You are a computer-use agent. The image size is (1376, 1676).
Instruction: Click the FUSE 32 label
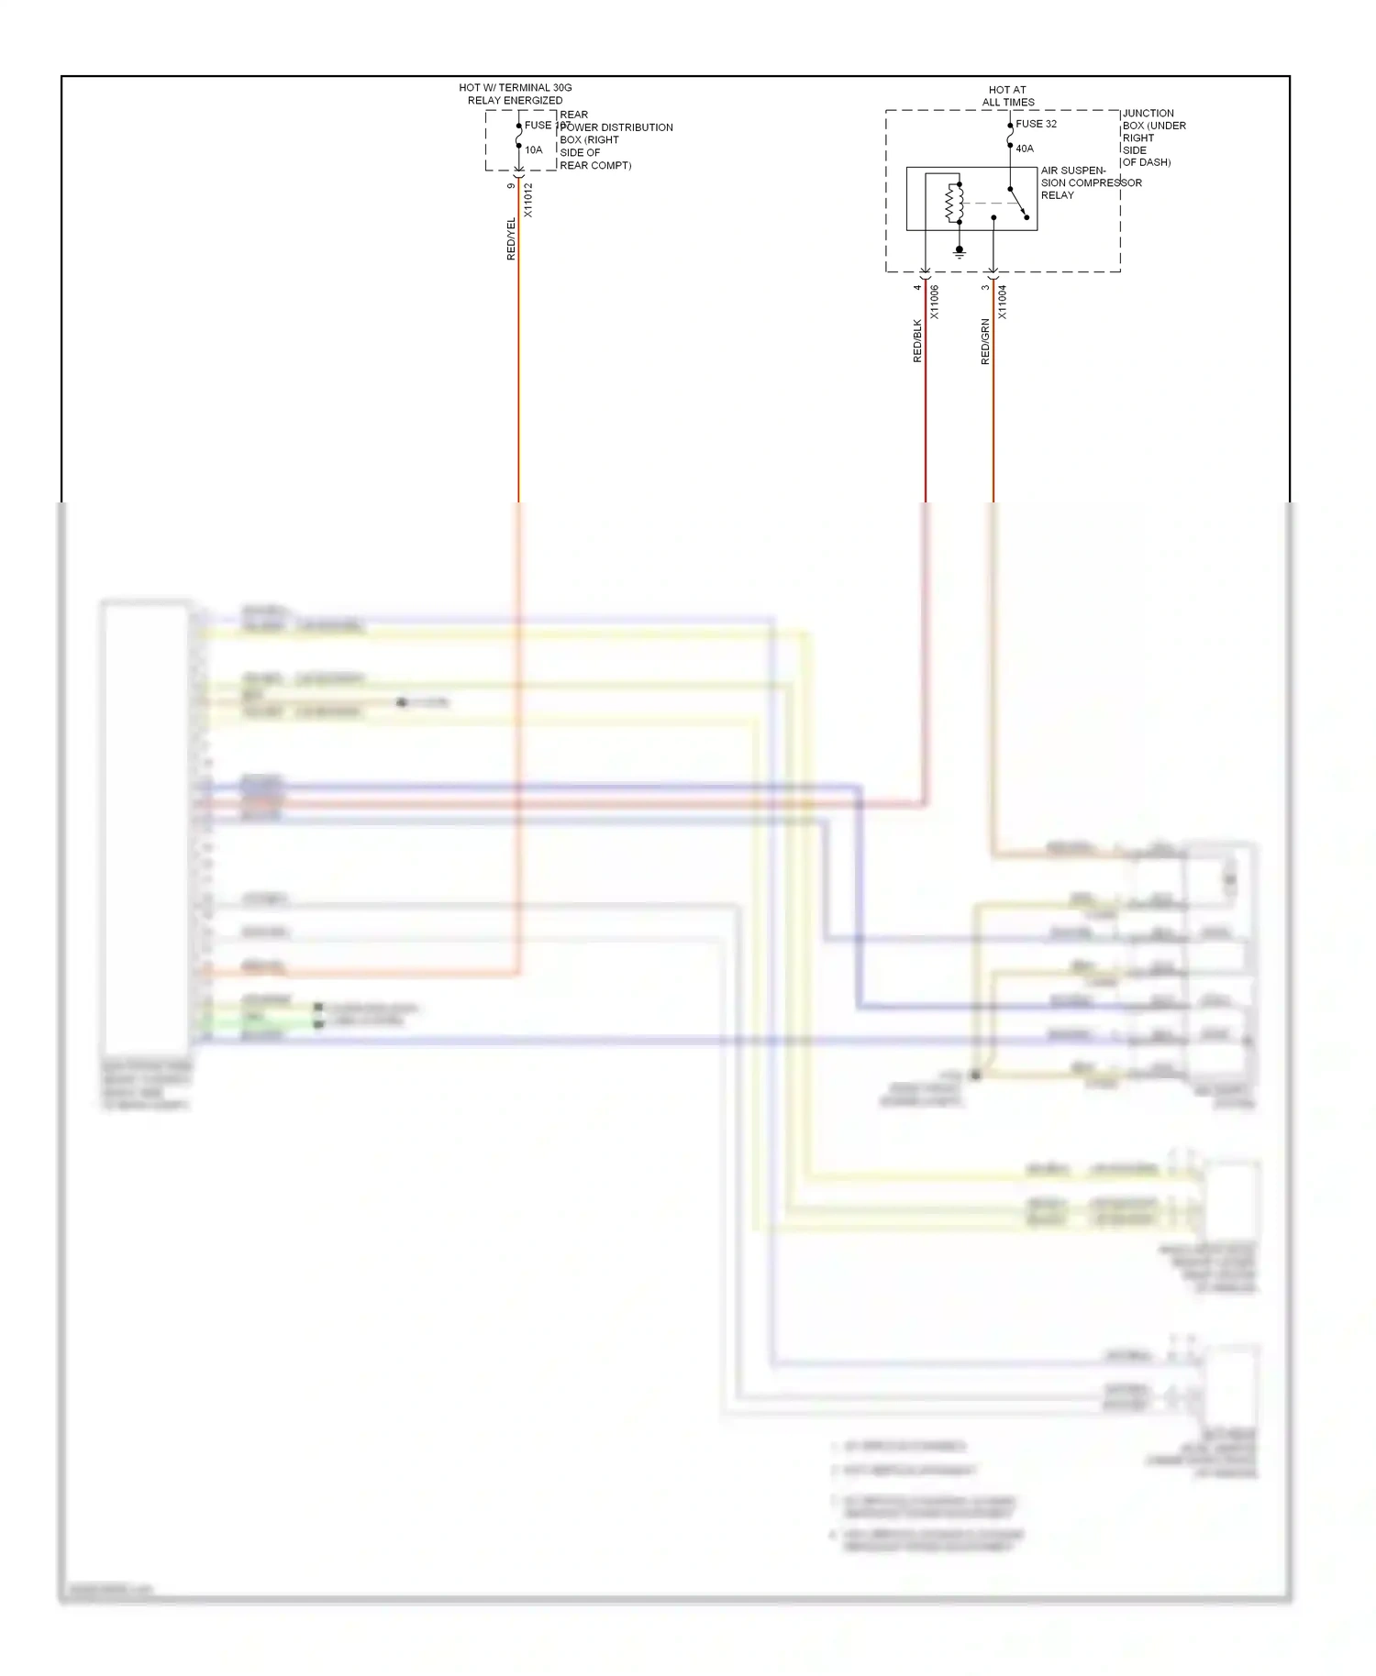pos(1036,124)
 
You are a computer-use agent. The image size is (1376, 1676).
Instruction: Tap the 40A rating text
pos(1024,149)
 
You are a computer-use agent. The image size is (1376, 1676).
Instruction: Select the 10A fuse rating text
pos(534,150)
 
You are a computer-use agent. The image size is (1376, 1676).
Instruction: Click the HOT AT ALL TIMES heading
pos(1007,96)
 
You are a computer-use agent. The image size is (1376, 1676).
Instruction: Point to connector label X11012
pos(527,200)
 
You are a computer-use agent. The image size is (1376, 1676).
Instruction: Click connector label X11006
pos(934,302)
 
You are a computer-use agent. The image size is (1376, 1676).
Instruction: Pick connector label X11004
pos(1002,302)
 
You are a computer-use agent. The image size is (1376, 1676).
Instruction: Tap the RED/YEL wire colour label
pos(511,239)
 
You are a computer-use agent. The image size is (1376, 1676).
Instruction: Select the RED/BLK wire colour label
pos(916,341)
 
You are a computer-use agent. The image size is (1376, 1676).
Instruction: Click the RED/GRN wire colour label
pos(985,342)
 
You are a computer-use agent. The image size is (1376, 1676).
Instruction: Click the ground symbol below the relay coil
pos(960,251)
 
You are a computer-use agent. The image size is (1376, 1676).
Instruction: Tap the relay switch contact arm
pos(1018,204)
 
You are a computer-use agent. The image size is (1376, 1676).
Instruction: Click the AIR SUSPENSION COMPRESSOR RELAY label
pos(1090,182)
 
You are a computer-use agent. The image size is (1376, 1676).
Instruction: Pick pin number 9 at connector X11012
pos(511,186)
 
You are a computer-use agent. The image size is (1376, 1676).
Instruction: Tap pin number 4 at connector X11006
pos(916,288)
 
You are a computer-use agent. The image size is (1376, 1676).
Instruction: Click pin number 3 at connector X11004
pos(984,288)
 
